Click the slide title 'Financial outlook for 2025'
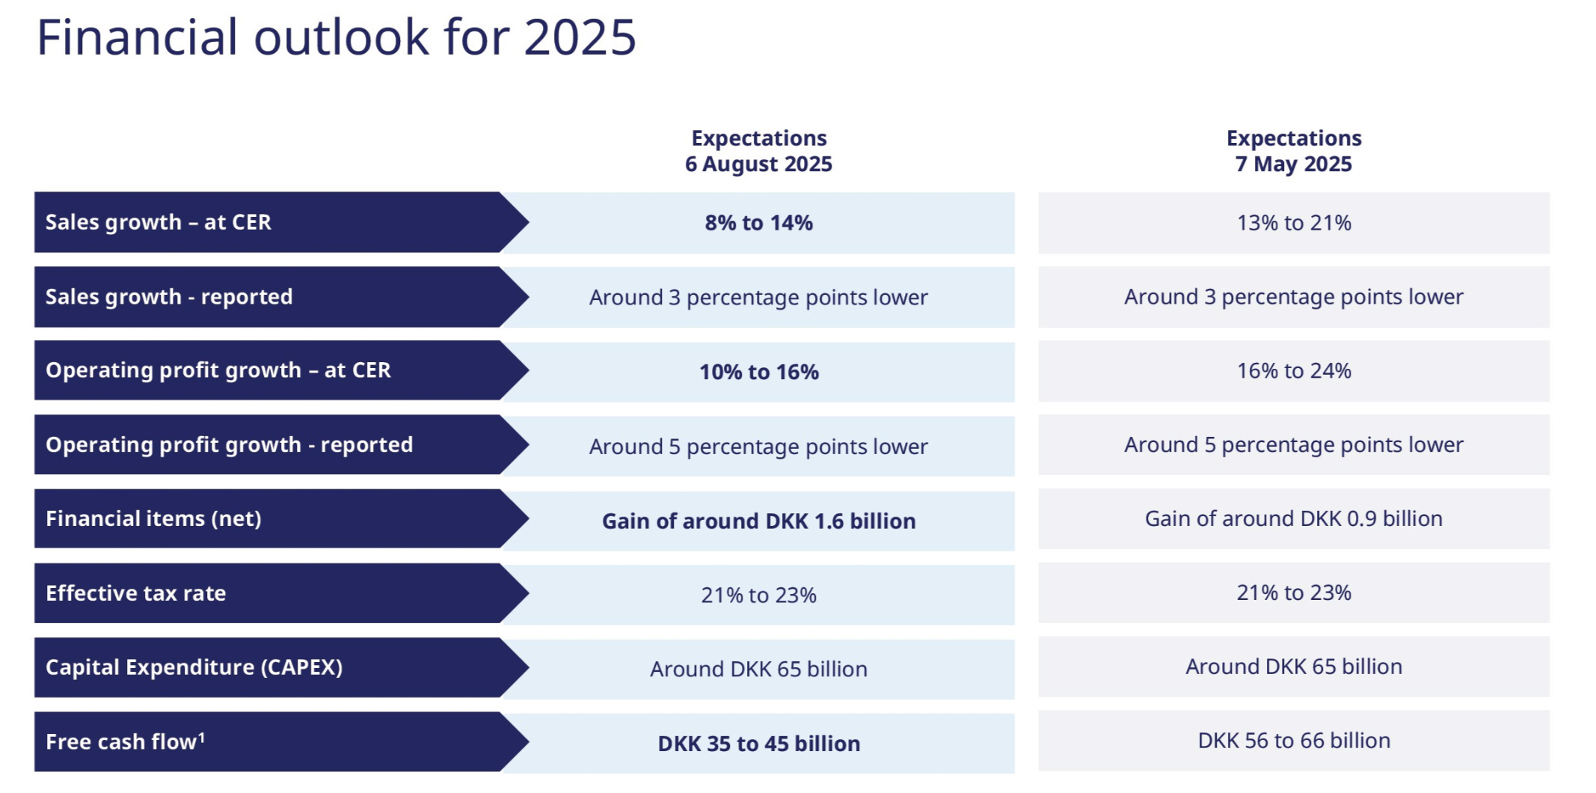point(337,37)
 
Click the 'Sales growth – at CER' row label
point(159,222)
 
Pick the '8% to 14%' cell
point(758,223)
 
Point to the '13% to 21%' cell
point(1294,223)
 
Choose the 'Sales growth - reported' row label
point(169,297)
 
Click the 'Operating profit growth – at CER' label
point(218,370)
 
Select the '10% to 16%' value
point(758,372)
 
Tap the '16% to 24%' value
point(1294,370)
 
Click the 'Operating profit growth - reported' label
point(230,444)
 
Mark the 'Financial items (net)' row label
point(154,518)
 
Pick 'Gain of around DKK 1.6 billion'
point(758,521)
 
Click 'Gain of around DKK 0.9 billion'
point(1294,518)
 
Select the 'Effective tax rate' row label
point(136,593)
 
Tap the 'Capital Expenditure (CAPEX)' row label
point(194,667)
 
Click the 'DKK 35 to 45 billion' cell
point(758,744)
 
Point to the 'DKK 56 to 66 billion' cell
point(1294,741)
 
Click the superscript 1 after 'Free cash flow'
point(201,738)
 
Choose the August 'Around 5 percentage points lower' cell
point(758,447)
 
